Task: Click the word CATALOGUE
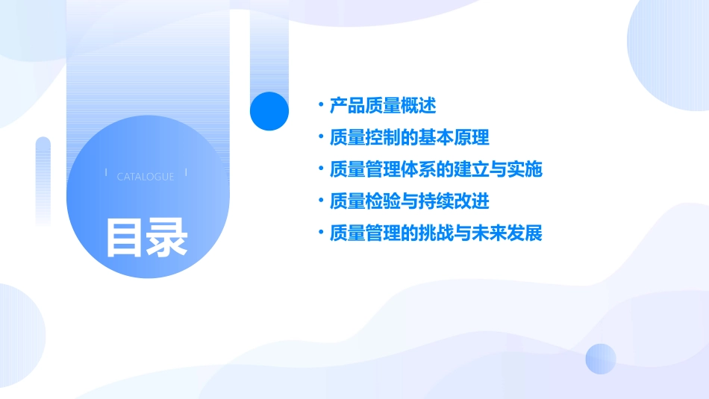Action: click(146, 177)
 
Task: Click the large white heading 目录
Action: click(146, 236)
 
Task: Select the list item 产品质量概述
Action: click(383, 105)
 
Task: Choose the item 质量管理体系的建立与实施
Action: click(435, 169)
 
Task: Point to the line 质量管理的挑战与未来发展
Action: click(435, 233)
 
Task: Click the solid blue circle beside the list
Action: click(269, 111)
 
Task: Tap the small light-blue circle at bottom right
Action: click(601, 359)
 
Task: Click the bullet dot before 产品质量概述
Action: click(320, 105)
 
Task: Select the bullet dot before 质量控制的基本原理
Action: click(320, 137)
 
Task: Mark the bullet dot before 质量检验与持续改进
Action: click(320, 201)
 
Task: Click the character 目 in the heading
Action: click(124, 236)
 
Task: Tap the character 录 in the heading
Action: click(167, 236)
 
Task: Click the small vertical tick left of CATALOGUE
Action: click(106, 173)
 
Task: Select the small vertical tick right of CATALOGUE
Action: click(186, 173)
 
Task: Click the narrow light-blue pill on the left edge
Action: click(43, 179)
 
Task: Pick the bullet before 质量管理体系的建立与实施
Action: click(320, 169)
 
